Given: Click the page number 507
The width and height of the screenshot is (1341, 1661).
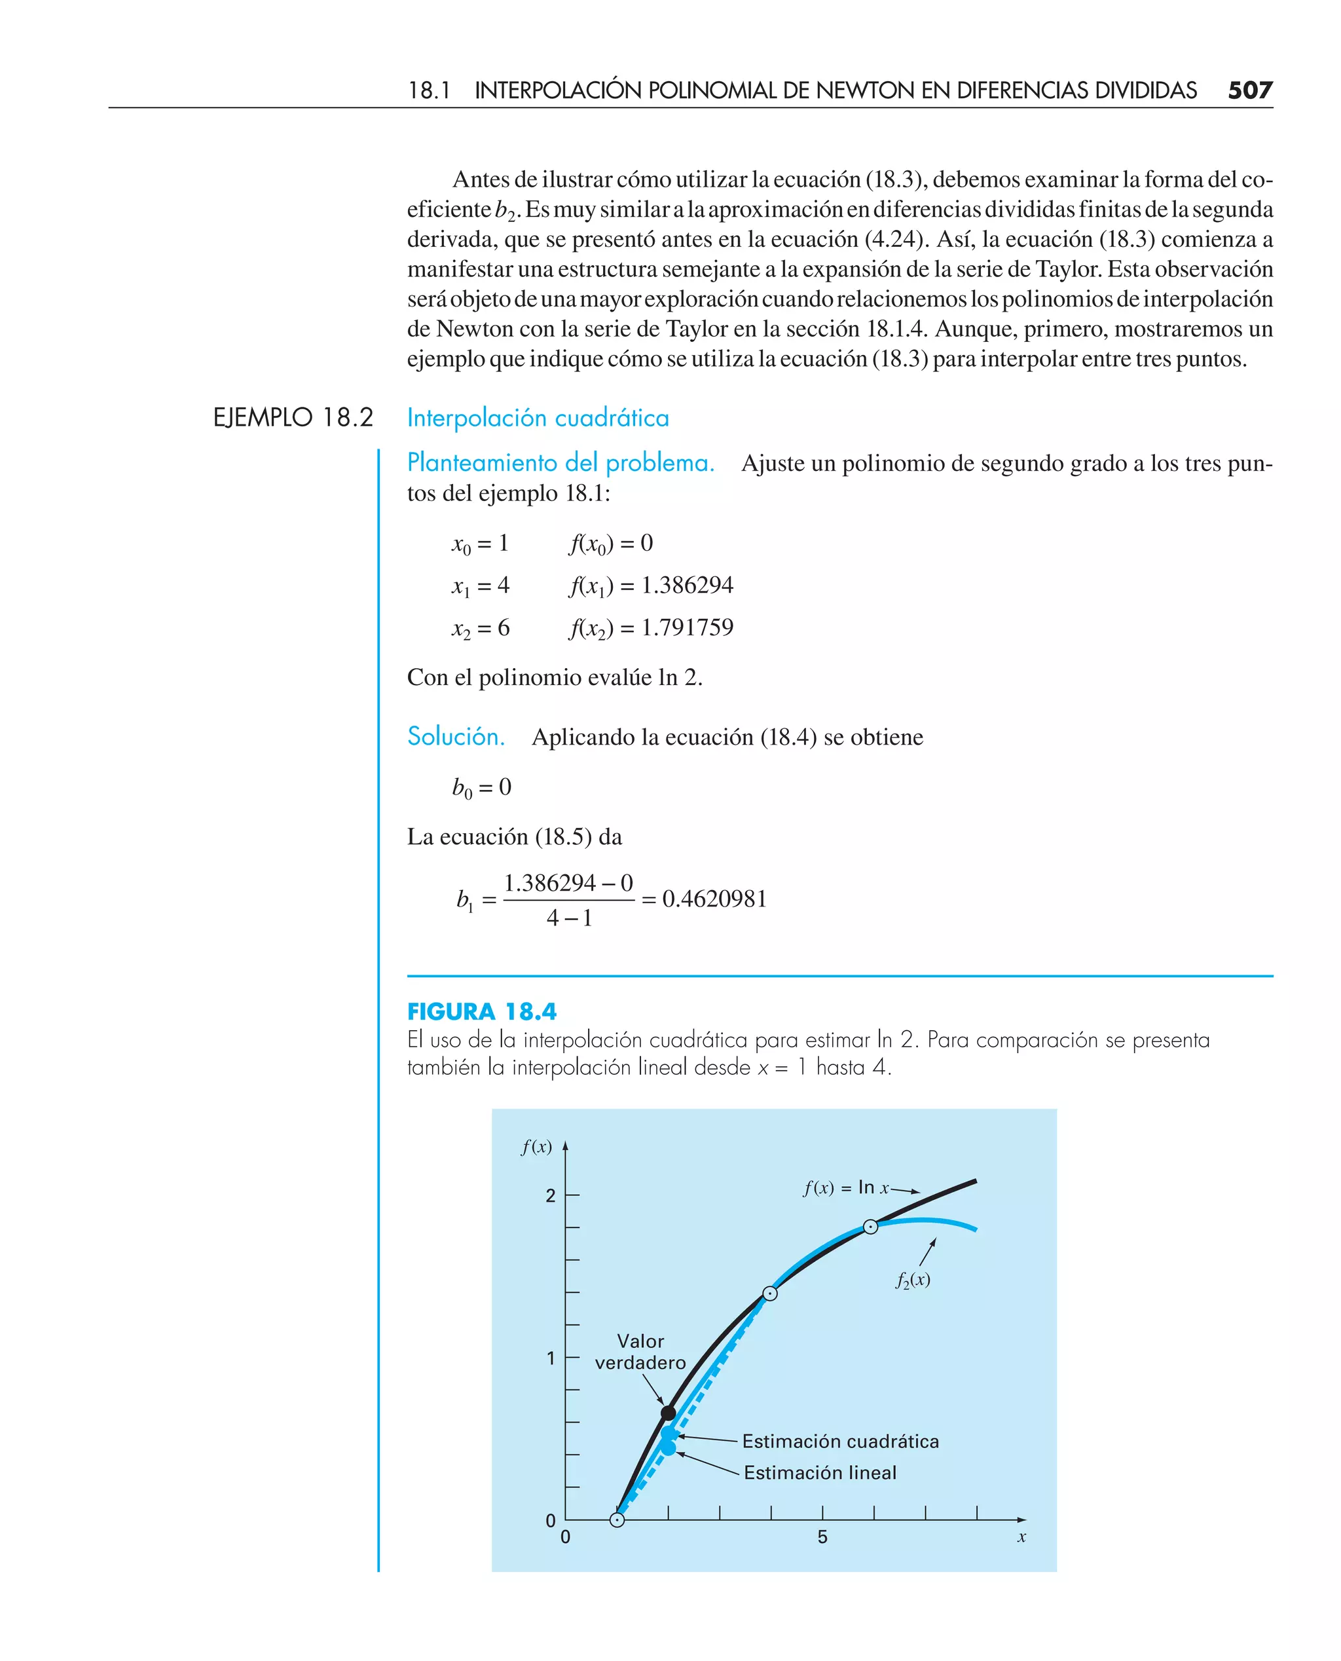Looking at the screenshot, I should click(x=1249, y=90).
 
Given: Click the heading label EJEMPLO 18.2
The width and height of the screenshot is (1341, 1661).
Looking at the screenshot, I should click(x=293, y=418).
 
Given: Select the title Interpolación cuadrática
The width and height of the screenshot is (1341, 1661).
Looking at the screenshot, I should click(x=538, y=418).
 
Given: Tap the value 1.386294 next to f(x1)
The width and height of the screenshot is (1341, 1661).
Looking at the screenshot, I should click(x=687, y=585).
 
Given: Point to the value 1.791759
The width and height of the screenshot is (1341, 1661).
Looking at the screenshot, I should click(x=687, y=627).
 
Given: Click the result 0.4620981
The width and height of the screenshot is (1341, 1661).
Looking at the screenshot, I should click(x=714, y=899).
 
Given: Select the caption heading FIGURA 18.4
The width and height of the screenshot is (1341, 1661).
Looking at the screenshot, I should click(x=481, y=1011).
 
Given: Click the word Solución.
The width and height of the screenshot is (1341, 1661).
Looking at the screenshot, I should click(x=456, y=736).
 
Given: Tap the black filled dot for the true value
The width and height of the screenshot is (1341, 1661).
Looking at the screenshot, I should click(x=668, y=1413).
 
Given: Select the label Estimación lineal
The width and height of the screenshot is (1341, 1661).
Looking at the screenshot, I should click(x=820, y=1472).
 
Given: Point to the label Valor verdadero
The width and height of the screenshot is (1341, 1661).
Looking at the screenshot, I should click(x=640, y=1352).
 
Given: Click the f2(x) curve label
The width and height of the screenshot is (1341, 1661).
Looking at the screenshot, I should click(x=912, y=1280).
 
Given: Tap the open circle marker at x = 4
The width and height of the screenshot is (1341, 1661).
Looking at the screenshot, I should click(x=770, y=1294).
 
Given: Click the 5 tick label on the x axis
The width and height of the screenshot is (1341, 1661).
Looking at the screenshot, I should click(x=822, y=1537).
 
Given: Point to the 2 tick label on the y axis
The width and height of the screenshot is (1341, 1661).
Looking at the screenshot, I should click(x=551, y=1196).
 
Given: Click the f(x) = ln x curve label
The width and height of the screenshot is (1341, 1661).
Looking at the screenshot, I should click(x=847, y=1187).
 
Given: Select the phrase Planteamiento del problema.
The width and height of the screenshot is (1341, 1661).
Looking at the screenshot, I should click(x=560, y=463).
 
